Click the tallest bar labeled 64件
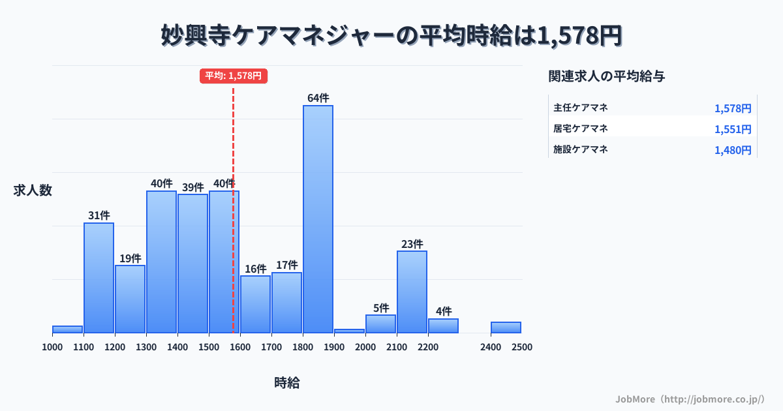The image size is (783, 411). coord(318,219)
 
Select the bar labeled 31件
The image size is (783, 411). coord(99,277)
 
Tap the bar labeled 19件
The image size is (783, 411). coord(130,299)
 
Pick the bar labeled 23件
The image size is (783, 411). coord(412,292)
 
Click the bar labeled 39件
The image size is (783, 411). coord(192,263)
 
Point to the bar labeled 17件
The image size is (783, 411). coord(286,302)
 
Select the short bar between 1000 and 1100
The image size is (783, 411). coord(67,329)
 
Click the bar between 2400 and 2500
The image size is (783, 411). coord(506,327)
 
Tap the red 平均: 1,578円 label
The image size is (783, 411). coord(234,76)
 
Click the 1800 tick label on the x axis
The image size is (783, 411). coord(303,347)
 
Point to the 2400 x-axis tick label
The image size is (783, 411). coord(491,347)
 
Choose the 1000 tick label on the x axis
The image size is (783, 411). coord(52,347)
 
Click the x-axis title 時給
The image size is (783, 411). coord(287,383)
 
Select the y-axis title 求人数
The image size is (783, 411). coord(33,190)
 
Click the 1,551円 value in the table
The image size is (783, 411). coord(733,129)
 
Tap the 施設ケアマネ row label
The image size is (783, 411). coord(581,149)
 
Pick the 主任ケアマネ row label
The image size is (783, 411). coord(581,108)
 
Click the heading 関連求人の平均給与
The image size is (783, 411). coord(606,76)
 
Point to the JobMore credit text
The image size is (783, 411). coord(689,399)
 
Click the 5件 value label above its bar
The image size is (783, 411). coord(381,308)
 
